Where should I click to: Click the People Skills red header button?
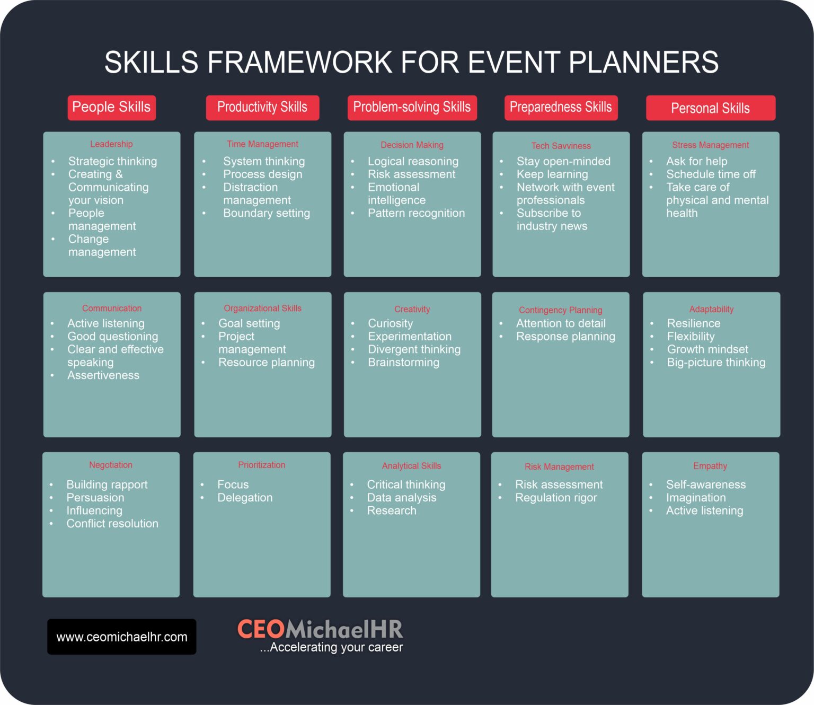pos(111,108)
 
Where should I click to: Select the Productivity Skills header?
pos(262,108)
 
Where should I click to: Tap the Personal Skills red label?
pos(710,108)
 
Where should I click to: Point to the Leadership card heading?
pos(111,144)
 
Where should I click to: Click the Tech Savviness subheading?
pos(561,146)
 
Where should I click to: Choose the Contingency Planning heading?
pos(560,310)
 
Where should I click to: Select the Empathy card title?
pos(710,466)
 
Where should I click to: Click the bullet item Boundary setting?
pos(266,213)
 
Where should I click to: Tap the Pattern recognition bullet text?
pos(416,213)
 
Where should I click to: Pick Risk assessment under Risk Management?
pos(559,484)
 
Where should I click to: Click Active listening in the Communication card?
pos(106,323)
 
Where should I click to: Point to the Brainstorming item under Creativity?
pos(403,363)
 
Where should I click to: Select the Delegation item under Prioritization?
pos(245,498)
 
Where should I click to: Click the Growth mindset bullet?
pos(707,349)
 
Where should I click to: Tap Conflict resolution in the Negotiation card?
pos(112,524)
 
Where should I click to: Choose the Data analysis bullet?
pos(402,498)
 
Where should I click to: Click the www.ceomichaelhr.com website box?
pos(122,637)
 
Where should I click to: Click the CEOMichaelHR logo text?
pos(320,629)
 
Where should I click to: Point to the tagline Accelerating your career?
pos(332,647)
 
